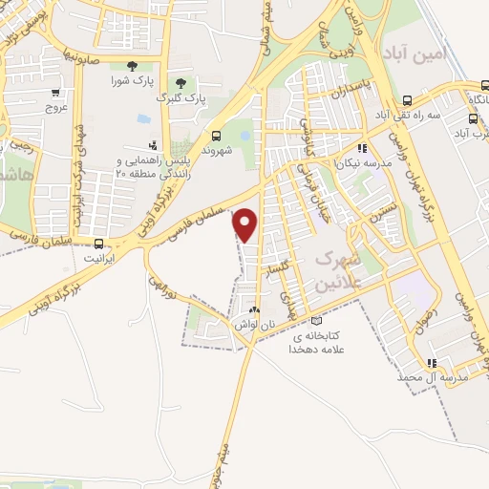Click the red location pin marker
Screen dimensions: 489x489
pyautogui.click(x=245, y=225)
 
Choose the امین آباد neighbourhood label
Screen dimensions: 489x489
pyautogui.click(x=413, y=51)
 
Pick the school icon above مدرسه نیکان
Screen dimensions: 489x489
pyautogui.click(x=360, y=148)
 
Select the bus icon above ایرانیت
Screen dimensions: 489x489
pyautogui.click(x=98, y=244)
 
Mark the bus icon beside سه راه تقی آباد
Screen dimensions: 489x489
pyautogui.click(x=408, y=99)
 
